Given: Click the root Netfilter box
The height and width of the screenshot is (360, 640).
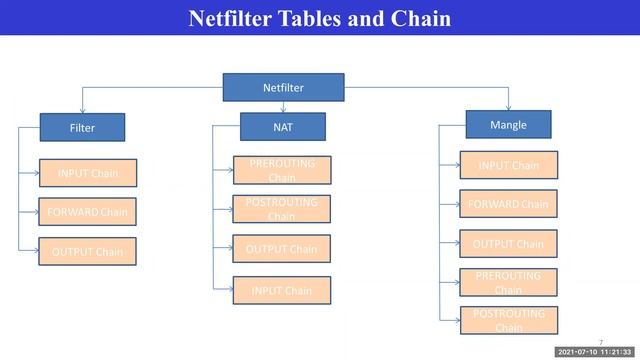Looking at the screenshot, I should (x=283, y=87).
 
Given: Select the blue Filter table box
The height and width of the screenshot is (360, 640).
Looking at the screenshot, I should (x=82, y=128).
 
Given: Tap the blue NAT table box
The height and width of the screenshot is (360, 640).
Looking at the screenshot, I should (x=282, y=126).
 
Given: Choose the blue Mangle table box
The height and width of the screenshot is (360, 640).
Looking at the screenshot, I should (x=508, y=125).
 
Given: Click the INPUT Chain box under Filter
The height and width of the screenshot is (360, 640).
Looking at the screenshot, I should (x=87, y=173).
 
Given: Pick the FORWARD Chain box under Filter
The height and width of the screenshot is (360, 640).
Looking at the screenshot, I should (x=87, y=212).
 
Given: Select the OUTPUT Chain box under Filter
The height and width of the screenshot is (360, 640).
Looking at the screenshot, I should (x=87, y=251).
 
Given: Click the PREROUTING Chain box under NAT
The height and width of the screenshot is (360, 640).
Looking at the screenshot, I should (x=281, y=170).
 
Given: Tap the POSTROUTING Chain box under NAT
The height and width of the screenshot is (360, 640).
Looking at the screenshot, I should (x=281, y=209).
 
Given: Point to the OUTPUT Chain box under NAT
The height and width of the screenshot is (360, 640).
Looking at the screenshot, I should (x=281, y=249).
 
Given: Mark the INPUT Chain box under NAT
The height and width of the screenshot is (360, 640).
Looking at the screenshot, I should (x=281, y=291).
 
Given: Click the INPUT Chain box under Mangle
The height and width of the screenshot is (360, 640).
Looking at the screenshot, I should (x=508, y=165).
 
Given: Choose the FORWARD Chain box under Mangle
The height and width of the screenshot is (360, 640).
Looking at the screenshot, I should (x=508, y=204).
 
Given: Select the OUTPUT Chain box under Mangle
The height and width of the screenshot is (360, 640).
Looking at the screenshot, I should (x=508, y=244).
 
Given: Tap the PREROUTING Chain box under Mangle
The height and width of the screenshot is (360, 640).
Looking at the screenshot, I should (x=508, y=282).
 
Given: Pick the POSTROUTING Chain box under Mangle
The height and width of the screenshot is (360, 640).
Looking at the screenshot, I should (x=508, y=320).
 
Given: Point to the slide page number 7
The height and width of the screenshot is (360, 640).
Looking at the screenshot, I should (x=601, y=341).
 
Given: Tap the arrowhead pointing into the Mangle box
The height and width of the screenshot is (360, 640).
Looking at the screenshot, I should (x=508, y=108).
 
